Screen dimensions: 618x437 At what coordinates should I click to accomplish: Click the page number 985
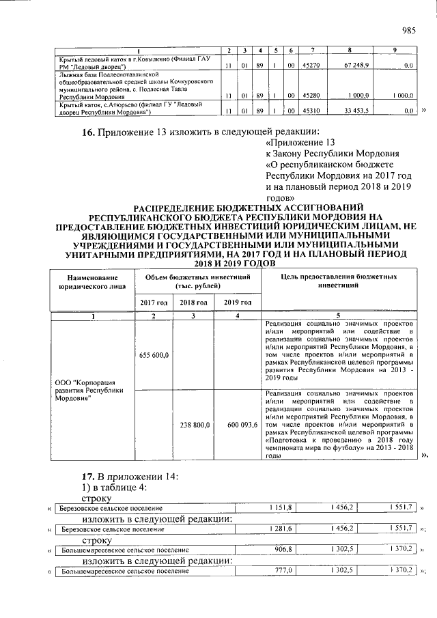pos(408,29)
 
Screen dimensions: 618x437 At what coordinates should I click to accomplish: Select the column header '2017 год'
pos(154,302)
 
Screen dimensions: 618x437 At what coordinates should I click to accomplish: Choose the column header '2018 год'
pos(193,302)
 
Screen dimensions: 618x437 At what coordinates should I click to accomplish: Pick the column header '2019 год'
pos(237,302)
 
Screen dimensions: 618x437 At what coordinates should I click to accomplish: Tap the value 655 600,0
pos(154,355)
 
